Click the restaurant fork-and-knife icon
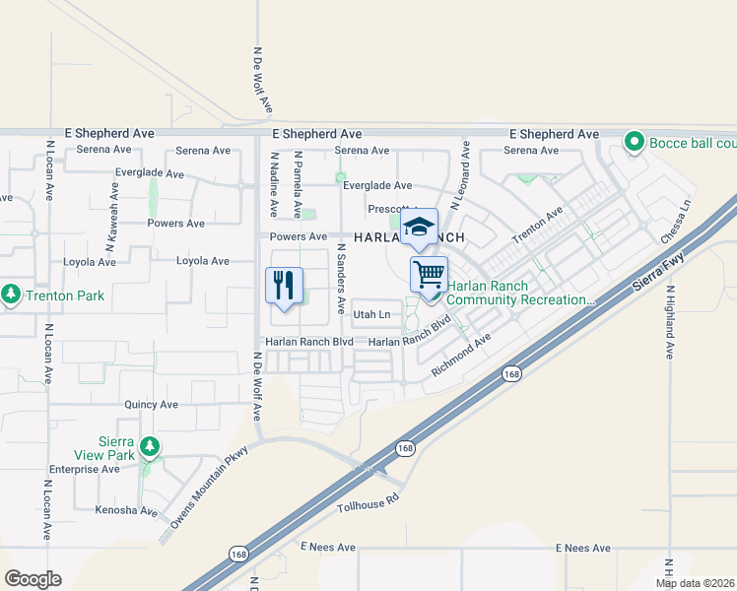pyautogui.click(x=284, y=286)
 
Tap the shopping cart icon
pyautogui.click(x=429, y=273)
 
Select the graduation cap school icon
pyautogui.click(x=419, y=227)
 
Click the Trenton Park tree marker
pyautogui.click(x=11, y=295)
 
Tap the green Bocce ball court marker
pyautogui.click(x=635, y=143)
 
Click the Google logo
pyautogui.click(x=33, y=579)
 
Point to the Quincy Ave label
pyautogui.click(x=151, y=405)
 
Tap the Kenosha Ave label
pyautogui.click(x=126, y=510)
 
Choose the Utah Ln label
pyautogui.click(x=371, y=315)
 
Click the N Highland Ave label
pyautogui.click(x=668, y=322)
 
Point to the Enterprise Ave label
pyautogui.click(x=84, y=470)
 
